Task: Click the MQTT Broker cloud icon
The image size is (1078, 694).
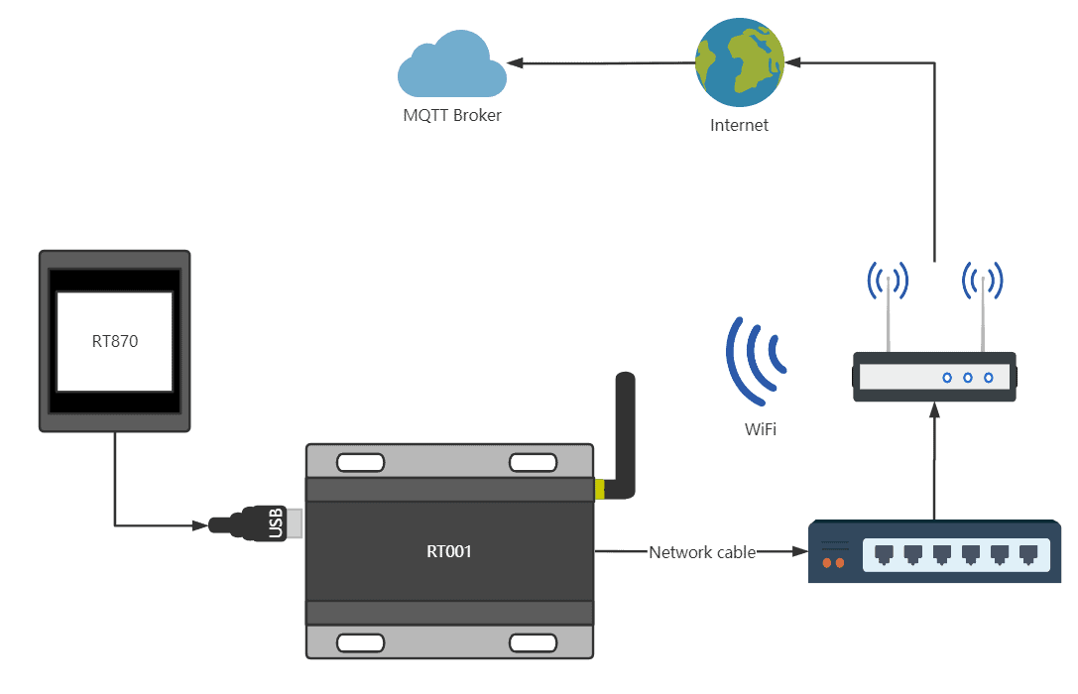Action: click(451, 66)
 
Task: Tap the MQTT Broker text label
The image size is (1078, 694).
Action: click(452, 115)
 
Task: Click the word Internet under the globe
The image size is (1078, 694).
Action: click(739, 125)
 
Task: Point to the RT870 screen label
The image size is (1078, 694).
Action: click(114, 341)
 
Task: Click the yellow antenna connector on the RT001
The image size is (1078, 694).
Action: click(599, 489)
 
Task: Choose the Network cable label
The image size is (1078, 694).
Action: click(702, 551)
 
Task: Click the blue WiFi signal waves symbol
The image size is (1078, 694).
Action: click(756, 359)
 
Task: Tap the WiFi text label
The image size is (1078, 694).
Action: click(761, 430)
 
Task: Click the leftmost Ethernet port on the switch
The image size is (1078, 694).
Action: click(884, 553)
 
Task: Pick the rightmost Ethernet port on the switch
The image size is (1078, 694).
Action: click(1029, 553)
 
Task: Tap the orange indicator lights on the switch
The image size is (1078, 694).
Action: click(834, 563)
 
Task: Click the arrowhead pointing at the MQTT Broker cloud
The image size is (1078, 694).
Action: click(517, 64)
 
